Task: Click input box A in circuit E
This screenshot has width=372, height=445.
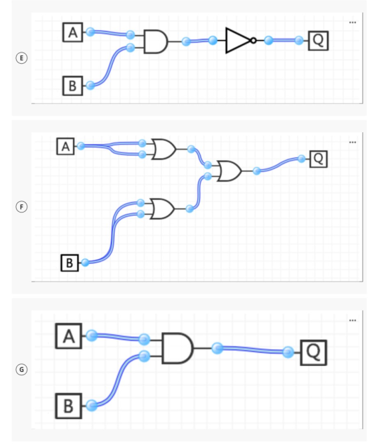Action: click(x=72, y=33)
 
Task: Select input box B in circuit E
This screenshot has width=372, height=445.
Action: click(x=72, y=86)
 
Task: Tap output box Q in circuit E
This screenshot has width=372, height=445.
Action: click(x=318, y=41)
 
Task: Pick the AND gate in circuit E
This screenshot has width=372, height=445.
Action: click(x=156, y=41)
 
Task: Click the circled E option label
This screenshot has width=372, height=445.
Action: click(x=21, y=58)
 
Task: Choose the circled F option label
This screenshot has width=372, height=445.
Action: click(x=21, y=207)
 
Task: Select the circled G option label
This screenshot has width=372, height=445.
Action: click(x=21, y=370)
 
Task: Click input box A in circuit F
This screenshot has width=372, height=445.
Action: click(x=66, y=146)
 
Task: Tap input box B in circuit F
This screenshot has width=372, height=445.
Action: click(x=70, y=263)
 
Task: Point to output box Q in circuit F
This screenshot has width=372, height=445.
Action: click(x=318, y=159)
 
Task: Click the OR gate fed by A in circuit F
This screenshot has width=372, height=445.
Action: click(x=163, y=149)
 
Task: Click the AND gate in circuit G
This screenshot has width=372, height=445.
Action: click(x=177, y=348)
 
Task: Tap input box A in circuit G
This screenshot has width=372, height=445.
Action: click(x=68, y=336)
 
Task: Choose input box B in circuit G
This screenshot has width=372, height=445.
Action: click(x=68, y=406)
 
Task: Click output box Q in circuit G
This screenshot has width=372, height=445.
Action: click(x=314, y=352)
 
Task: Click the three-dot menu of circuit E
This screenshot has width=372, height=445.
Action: click(x=353, y=23)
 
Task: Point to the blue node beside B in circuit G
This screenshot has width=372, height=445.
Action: click(x=92, y=406)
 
